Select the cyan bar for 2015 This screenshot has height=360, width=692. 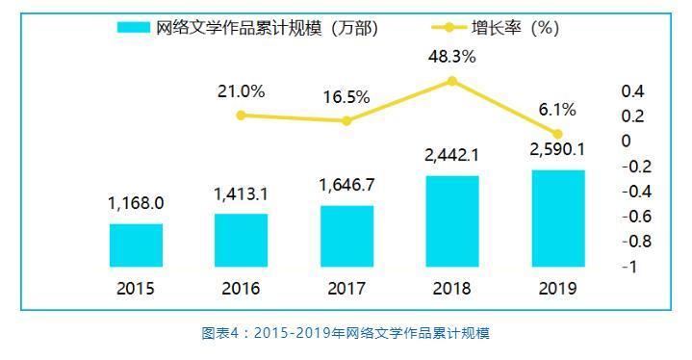click(136, 244)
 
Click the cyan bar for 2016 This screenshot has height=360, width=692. click(241, 240)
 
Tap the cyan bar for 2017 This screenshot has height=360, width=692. click(346, 236)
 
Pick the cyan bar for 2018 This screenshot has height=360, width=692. click(452, 220)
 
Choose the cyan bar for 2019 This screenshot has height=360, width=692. click(557, 218)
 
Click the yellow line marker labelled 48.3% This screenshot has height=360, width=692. click(452, 81)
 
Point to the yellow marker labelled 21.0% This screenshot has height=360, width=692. click(241, 116)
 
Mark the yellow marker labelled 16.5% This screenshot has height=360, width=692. click(346, 120)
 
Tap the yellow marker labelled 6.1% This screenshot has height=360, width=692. click(557, 134)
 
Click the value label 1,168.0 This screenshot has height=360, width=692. click(136, 203)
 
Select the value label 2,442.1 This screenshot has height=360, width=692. click(452, 155)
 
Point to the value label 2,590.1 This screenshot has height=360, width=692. click(557, 149)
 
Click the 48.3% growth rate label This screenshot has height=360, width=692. click(452, 57)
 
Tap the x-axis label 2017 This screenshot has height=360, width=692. click(346, 288)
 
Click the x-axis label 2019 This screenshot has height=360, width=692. click(557, 288)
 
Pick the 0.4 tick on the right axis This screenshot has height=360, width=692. click(633, 91)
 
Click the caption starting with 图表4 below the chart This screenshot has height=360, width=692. click(346, 333)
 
